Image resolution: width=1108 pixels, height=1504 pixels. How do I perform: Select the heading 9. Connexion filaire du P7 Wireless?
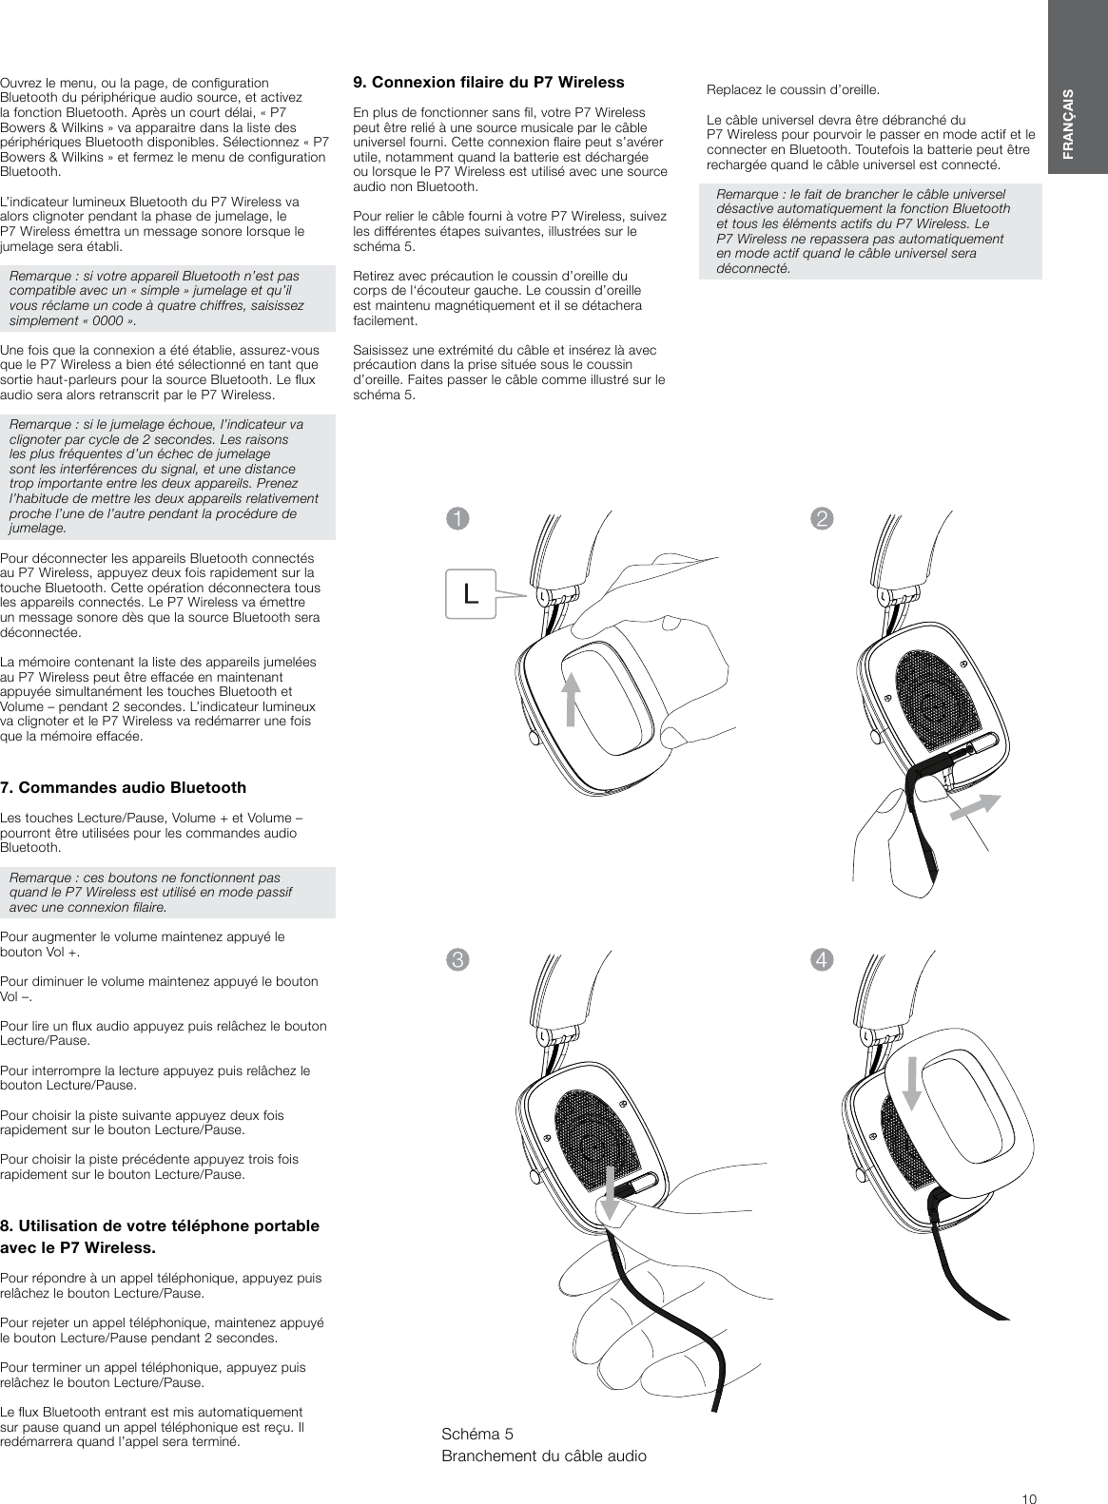point(488,82)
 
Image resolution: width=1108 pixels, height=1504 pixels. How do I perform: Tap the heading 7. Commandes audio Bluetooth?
point(123,787)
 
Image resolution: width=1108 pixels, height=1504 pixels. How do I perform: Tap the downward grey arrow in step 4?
point(911,1081)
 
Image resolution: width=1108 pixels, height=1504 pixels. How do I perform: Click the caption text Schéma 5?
point(477,1433)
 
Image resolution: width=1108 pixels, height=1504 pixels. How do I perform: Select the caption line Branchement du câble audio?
point(544,1456)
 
